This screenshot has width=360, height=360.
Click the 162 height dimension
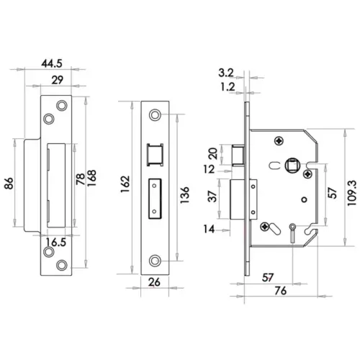point(125,190)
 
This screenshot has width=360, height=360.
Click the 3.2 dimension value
point(225,72)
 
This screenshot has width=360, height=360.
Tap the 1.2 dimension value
point(225,86)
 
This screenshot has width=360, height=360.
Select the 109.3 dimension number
point(351,192)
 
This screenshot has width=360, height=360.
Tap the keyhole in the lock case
point(292,230)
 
